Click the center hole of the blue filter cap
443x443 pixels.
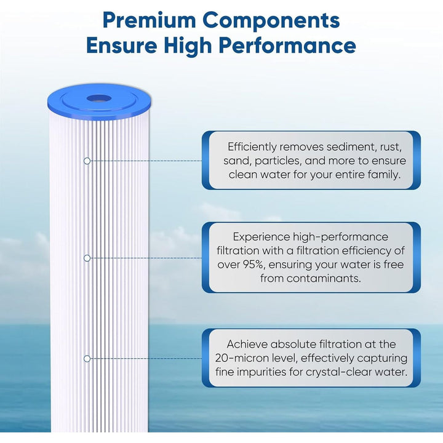click(97, 98)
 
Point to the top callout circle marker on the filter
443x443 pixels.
click(87, 161)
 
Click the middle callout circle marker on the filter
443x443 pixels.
click(87, 258)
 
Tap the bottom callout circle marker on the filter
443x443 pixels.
click(87, 358)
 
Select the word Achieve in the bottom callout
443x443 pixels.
click(246, 345)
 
